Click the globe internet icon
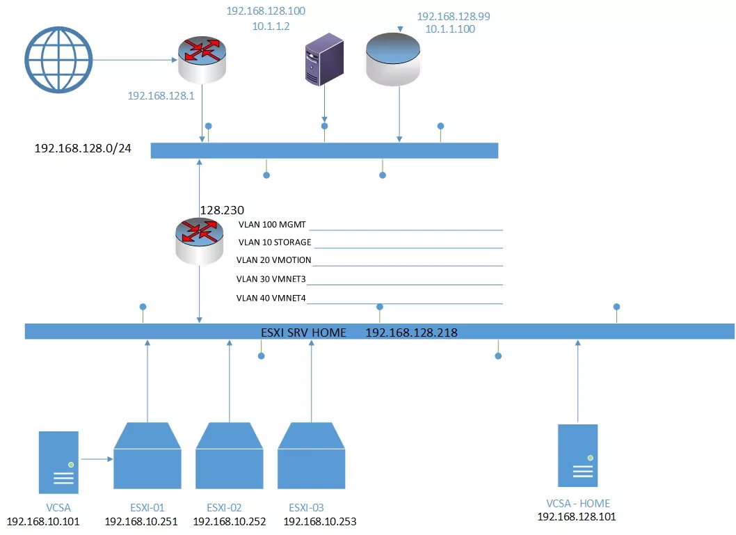(x=58, y=60)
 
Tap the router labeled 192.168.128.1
(x=202, y=60)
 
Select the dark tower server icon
(x=324, y=59)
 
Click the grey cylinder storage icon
(x=393, y=59)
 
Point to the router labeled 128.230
(x=200, y=241)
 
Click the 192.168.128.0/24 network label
(x=83, y=148)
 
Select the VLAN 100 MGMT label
(x=272, y=224)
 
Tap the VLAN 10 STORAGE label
(x=275, y=242)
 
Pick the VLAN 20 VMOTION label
(x=273, y=260)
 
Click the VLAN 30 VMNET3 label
(x=271, y=279)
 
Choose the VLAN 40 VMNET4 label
(x=271, y=298)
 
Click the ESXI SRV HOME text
(x=303, y=333)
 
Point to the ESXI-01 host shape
(x=147, y=456)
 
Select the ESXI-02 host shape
(x=229, y=456)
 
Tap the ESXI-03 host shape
(x=311, y=456)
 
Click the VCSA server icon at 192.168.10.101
(x=58, y=462)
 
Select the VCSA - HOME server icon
(x=578, y=456)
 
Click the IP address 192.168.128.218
(x=411, y=333)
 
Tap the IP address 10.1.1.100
(x=450, y=29)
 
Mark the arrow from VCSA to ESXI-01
(x=97, y=459)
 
